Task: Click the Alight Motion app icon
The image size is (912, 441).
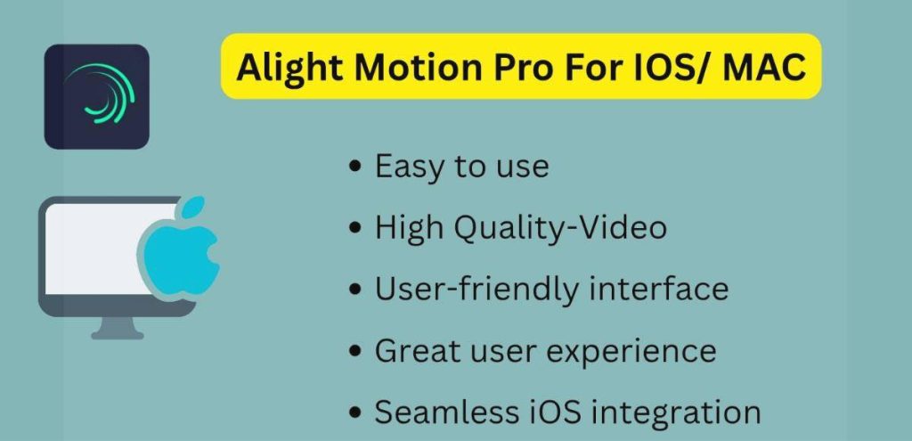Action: pyautogui.click(x=96, y=96)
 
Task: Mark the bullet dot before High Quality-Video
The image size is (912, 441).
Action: pyautogui.click(x=356, y=229)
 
